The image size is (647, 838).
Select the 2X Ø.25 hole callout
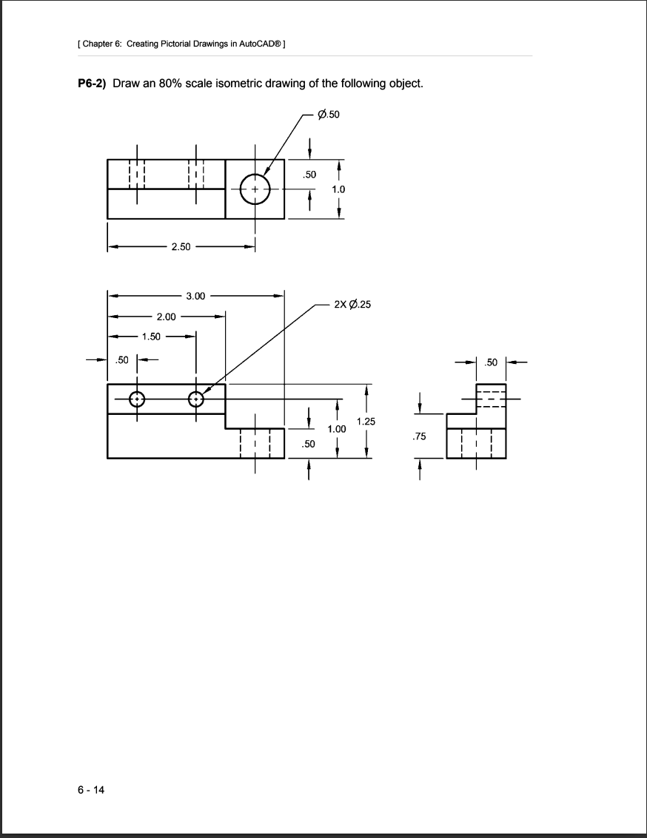click(x=352, y=304)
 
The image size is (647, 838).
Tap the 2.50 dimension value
click(x=180, y=246)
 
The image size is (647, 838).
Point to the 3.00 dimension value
click(x=196, y=296)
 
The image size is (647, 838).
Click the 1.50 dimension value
click(x=151, y=337)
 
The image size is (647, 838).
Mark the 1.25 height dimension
click(x=366, y=422)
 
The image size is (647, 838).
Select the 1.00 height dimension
click(x=338, y=429)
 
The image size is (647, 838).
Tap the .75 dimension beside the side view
click(x=420, y=437)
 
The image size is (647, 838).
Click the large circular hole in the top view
click(x=255, y=189)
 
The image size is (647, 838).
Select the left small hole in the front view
click(x=137, y=399)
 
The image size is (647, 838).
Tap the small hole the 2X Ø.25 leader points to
click(x=196, y=399)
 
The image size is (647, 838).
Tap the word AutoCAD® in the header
click(x=261, y=44)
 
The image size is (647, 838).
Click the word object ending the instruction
click(x=406, y=83)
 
